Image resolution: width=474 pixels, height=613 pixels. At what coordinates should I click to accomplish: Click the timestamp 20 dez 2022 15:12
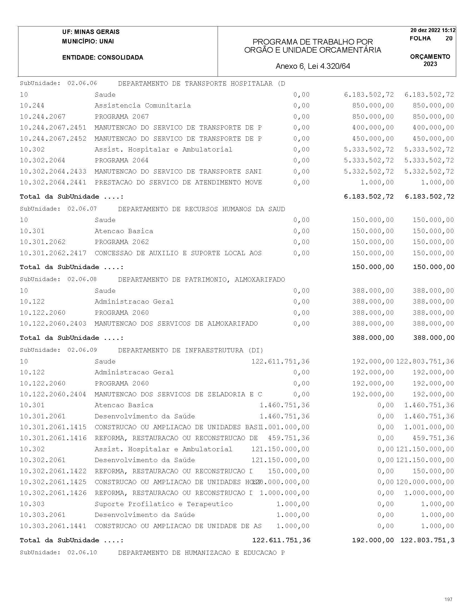point(433,30)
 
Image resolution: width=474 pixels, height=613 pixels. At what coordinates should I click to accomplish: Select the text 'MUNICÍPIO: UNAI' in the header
point(88,41)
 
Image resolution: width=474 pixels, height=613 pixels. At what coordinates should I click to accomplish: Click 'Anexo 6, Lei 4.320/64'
point(313,66)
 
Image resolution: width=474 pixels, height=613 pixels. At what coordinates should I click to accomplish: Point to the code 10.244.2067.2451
point(53,128)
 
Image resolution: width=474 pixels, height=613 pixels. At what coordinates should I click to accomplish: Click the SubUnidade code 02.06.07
point(82,209)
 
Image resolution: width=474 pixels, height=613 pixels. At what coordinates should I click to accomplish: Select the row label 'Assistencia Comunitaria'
point(143,106)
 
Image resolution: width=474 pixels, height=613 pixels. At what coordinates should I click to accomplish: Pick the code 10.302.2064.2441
point(53,182)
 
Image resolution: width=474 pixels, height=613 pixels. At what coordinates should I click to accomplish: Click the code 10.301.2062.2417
point(53,253)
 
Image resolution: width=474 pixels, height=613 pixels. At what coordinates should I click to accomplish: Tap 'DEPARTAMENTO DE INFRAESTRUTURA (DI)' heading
point(191,350)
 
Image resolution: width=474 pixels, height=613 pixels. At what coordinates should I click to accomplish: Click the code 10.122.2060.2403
point(53,324)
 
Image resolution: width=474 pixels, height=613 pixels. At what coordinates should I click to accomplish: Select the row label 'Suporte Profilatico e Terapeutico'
point(163,504)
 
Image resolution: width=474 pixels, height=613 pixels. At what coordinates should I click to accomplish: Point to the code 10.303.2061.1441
point(53,526)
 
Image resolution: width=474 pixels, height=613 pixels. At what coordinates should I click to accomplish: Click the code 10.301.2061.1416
point(53,438)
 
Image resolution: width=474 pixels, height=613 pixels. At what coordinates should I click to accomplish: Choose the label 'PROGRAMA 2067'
point(121,116)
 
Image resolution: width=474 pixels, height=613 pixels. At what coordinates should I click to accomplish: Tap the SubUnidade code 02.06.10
point(82,552)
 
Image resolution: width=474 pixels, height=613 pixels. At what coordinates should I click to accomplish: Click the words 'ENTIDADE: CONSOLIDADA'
point(103,58)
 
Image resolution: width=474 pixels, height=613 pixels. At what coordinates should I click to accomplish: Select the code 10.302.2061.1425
point(53,482)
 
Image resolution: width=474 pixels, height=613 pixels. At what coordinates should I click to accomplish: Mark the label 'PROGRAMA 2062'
point(121,242)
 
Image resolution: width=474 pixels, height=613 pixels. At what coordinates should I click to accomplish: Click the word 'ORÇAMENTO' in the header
point(430,57)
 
